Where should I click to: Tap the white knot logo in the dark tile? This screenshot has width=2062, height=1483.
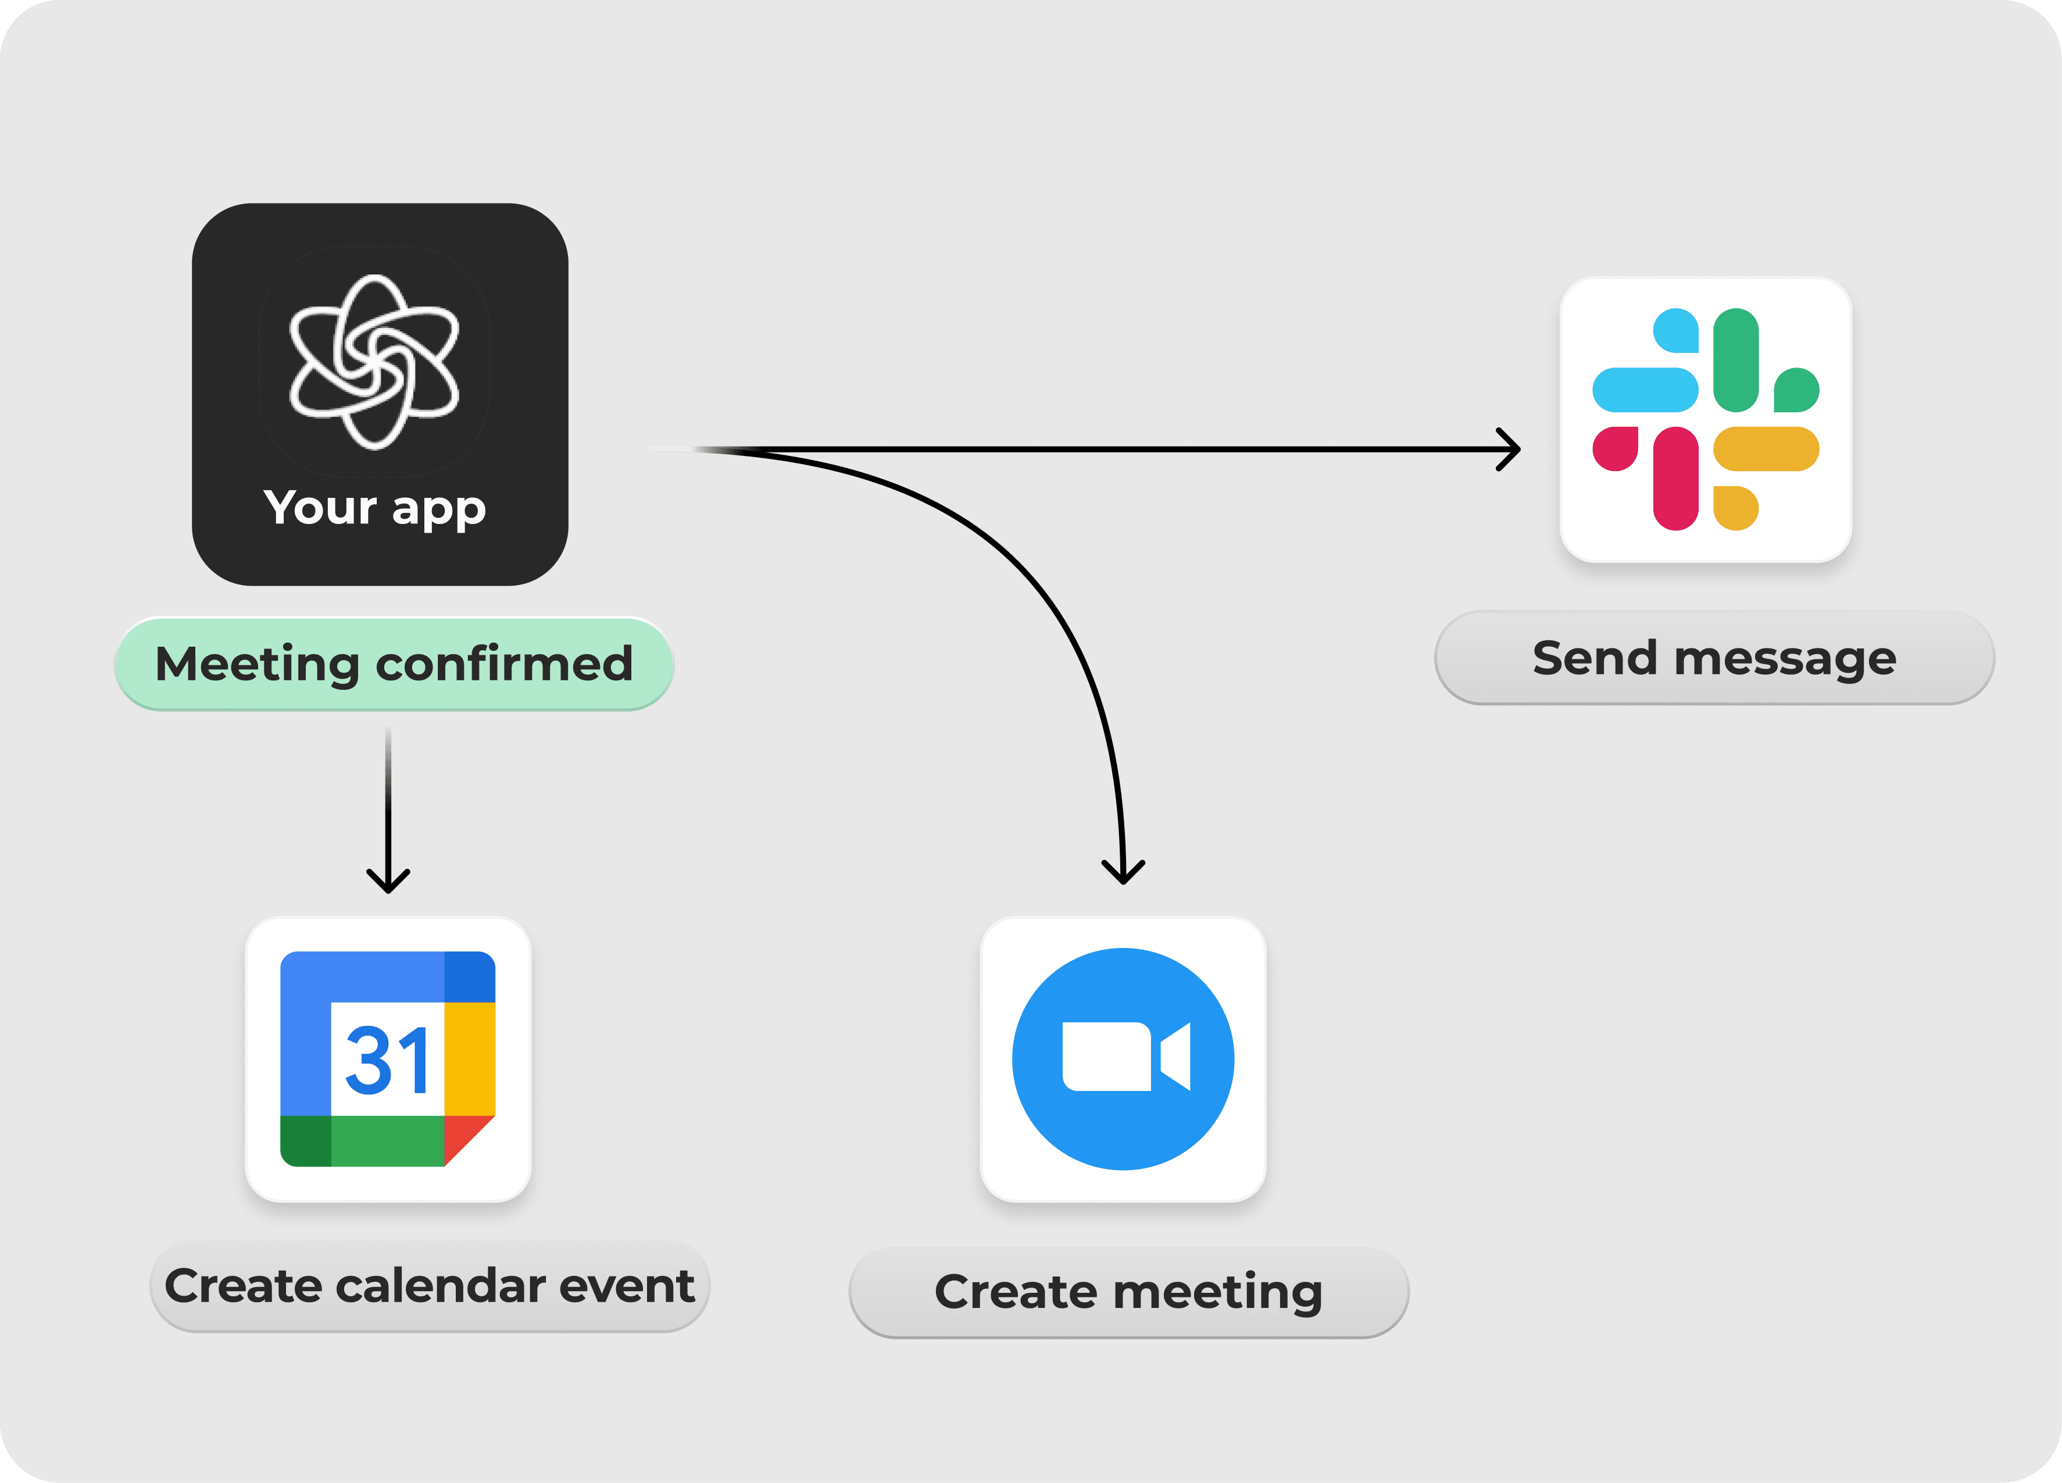tap(374, 362)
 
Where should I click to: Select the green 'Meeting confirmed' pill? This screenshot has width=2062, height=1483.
tap(394, 664)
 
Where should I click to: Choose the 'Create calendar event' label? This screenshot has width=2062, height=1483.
tap(429, 1286)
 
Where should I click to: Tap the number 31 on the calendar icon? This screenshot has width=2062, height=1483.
tap(387, 1060)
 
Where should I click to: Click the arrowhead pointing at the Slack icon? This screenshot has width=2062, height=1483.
tap(1509, 449)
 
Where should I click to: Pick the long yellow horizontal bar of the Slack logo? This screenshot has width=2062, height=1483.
tap(1766, 449)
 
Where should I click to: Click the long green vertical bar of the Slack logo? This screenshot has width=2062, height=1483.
tap(1736, 360)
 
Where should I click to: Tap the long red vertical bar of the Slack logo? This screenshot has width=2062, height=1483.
tap(1675, 478)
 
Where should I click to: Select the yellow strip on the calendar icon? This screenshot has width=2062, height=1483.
tap(469, 1058)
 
